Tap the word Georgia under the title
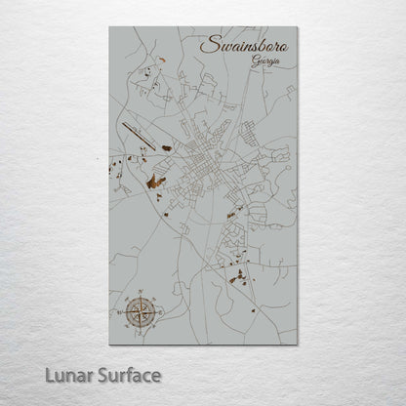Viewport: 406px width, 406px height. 264,61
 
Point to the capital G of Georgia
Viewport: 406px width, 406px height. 252,61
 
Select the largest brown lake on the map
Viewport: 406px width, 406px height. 153,182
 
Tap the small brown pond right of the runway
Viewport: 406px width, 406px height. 166,147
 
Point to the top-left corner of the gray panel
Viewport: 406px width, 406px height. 109,26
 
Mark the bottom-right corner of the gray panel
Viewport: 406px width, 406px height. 297,345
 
